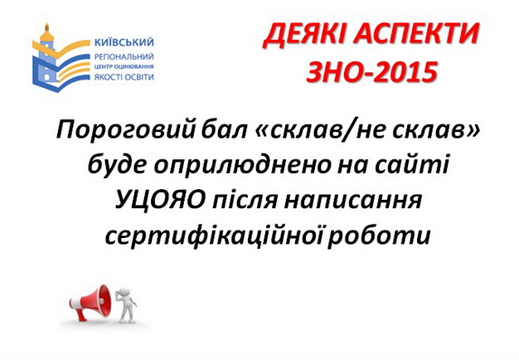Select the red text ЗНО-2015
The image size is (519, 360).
tap(371, 71)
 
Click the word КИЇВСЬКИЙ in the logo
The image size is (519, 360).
tap(124, 42)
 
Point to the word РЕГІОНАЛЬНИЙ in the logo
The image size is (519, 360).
tap(124, 56)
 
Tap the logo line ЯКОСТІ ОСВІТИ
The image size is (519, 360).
tap(124, 77)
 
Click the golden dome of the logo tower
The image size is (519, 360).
tap(47, 34)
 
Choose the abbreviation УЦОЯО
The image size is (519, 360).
tap(160, 200)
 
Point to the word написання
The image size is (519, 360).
tap(353, 200)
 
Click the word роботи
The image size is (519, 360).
tap(380, 236)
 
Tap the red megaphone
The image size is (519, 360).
tap(90, 302)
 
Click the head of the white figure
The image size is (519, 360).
tap(124, 293)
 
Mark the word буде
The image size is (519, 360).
tap(117, 164)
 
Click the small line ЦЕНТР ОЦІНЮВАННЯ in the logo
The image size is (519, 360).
tap(124, 67)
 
